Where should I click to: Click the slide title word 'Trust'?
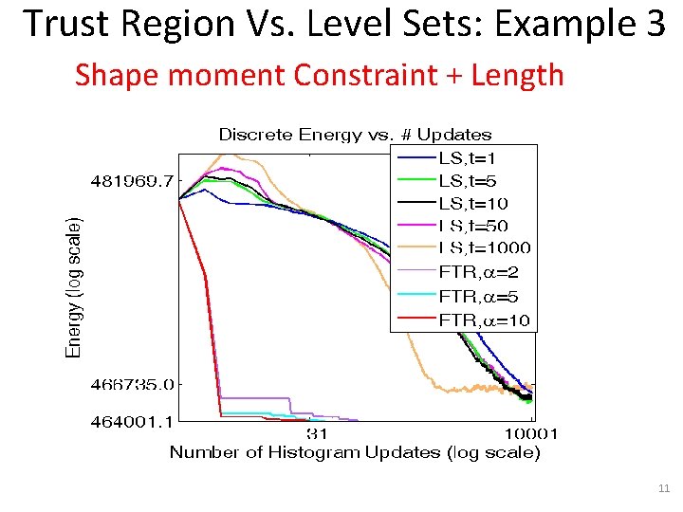[67, 24]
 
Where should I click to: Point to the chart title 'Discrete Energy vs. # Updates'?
[356, 135]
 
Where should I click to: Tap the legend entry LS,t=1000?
[485, 248]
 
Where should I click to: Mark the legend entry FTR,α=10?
[484, 320]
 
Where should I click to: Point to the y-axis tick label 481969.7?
[133, 180]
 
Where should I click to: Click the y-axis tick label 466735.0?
[133, 385]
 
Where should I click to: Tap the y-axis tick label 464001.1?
[133, 421]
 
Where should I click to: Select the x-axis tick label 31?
[318, 434]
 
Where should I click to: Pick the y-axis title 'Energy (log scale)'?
[73, 286]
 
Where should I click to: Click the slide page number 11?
[663, 488]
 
